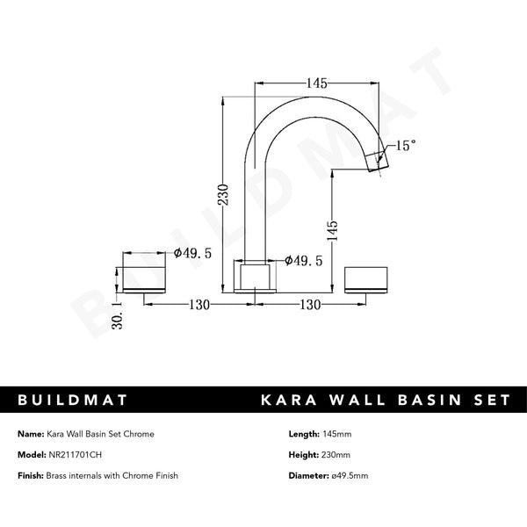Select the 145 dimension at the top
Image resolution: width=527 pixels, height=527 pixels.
[317, 84]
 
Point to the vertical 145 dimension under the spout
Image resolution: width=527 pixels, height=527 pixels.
[331, 232]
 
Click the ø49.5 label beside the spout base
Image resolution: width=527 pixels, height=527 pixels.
[304, 260]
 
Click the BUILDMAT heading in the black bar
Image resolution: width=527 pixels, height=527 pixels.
[73, 400]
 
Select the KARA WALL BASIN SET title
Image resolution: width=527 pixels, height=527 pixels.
[385, 400]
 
